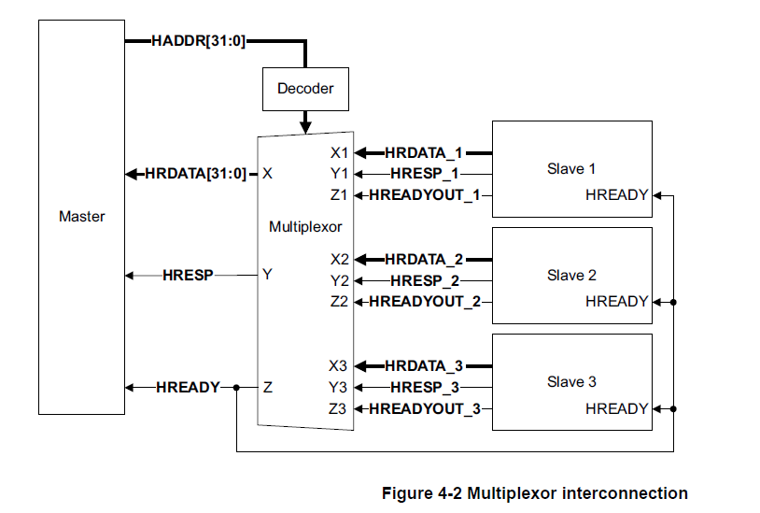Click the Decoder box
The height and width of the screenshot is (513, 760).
(x=305, y=89)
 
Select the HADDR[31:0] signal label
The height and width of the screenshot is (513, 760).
(x=197, y=41)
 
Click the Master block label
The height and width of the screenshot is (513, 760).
(x=82, y=216)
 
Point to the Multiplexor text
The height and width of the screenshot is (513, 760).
(x=305, y=227)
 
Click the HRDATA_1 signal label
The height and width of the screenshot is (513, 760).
(x=424, y=151)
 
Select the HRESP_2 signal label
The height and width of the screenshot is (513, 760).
(x=425, y=280)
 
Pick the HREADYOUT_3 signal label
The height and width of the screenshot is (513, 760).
(x=425, y=408)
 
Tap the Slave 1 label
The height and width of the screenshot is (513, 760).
(x=571, y=169)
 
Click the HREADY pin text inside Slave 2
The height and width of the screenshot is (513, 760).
(x=616, y=302)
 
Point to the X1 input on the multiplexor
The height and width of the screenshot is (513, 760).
(x=339, y=151)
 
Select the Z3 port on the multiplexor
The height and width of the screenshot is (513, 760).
(x=339, y=408)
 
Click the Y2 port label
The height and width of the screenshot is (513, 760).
(x=339, y=280)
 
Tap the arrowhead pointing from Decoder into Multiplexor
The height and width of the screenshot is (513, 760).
(x=305, y=127)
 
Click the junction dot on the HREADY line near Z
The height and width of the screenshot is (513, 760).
(x=237, y=387)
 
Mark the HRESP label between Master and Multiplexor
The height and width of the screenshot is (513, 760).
(x=188, y=276)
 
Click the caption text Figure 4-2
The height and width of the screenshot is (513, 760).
(x=535, y=493)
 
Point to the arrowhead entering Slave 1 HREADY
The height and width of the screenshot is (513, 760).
(x=658, y=195)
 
